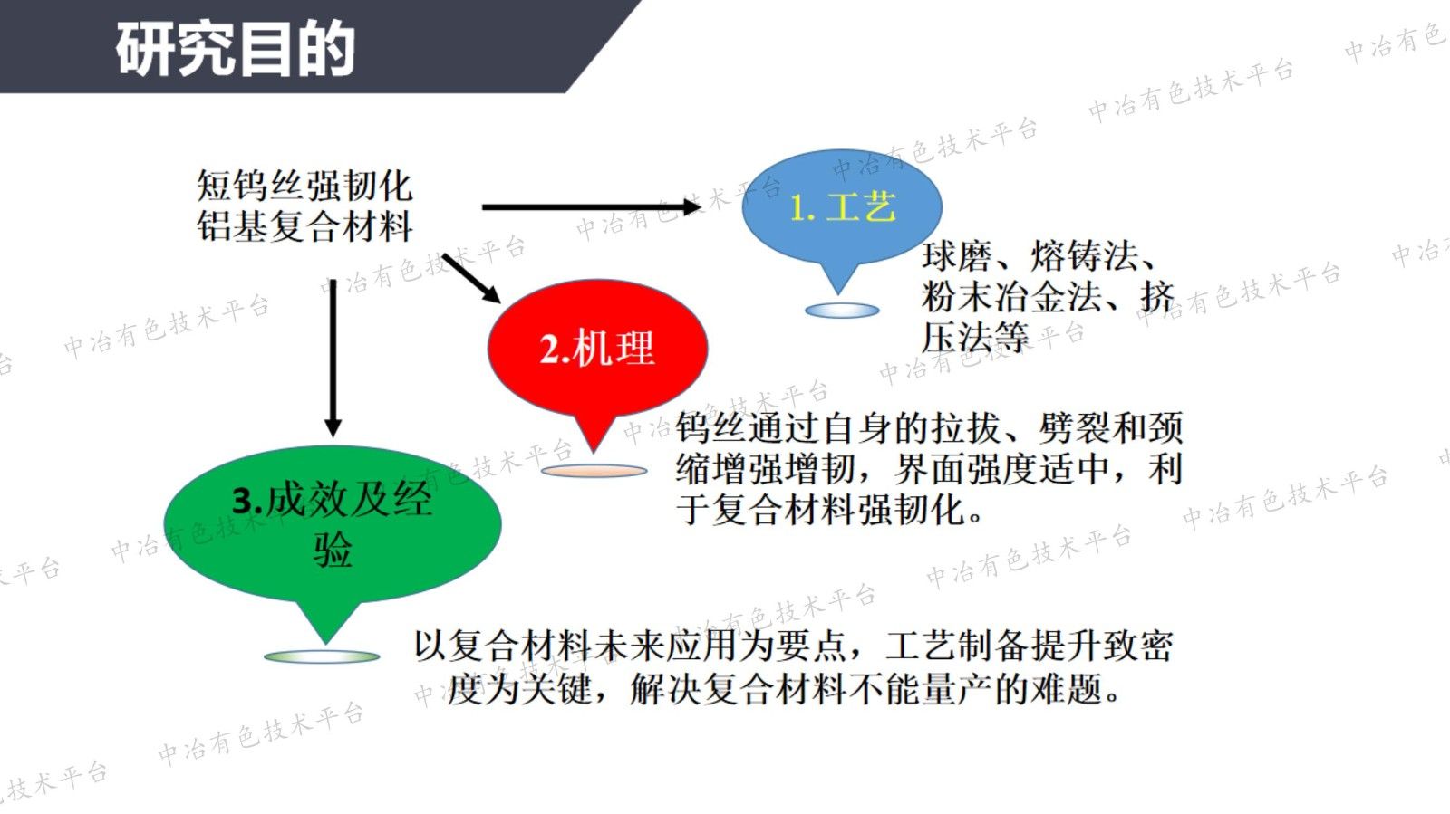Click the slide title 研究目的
235,49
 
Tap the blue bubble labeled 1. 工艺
841,207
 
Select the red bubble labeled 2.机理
597,348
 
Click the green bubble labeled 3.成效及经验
332,524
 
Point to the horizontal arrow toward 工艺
590,207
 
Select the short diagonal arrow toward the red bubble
471,278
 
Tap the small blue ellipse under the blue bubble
842,311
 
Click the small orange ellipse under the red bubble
594,471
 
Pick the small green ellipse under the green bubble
322,656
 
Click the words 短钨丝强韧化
304,187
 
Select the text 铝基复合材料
304,226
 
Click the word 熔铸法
1084,257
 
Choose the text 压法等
975,338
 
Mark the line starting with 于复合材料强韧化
829,510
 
